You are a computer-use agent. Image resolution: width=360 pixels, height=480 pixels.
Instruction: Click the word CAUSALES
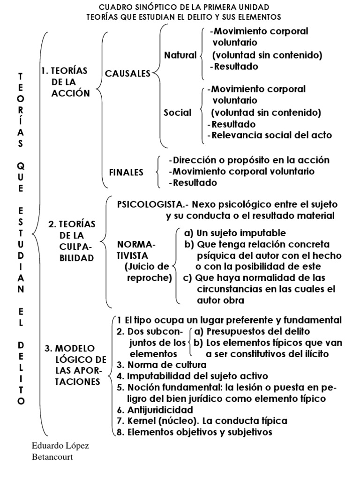(x=127, y=74)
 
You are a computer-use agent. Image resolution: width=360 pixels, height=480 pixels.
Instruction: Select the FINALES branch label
(x=126, y=172)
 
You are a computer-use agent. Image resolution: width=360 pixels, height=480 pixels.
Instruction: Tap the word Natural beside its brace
(x=180, y=55)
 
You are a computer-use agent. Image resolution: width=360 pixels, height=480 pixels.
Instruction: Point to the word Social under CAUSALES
(x=178, y=112)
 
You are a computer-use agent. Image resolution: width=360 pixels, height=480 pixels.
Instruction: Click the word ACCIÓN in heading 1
(x=71, y=93)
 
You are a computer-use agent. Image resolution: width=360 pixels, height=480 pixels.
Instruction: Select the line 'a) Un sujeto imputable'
(x=235, y=233)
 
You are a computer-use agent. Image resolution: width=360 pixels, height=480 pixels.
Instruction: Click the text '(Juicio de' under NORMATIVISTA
(x=147, y=267)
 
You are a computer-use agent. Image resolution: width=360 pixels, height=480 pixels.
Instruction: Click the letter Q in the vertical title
(x=20, y=166)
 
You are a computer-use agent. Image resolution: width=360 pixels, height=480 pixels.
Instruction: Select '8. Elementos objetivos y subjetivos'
(x=194, y=432)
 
